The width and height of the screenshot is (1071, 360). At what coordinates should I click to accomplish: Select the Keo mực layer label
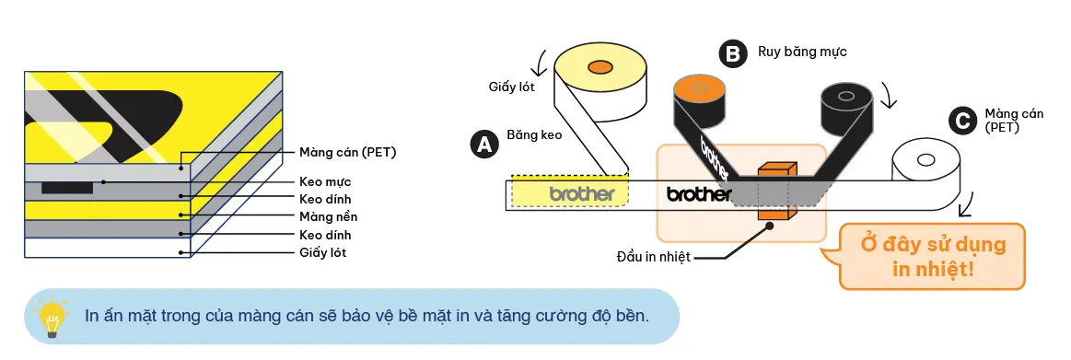(325, 181)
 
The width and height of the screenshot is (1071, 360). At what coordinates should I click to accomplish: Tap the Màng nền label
(328, 216)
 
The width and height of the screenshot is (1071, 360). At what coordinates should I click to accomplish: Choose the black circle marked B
(733, 54)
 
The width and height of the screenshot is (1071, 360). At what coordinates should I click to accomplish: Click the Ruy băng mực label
(801, 52)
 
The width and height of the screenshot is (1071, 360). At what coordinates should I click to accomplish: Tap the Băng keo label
(534, 134)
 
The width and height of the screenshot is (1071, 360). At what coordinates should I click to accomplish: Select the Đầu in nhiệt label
(653, 256)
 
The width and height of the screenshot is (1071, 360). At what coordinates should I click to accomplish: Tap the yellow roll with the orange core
(600, 74)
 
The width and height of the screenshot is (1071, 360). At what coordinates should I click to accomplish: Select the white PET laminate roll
(925, 165)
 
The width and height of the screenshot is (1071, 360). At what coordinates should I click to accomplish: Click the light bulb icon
(52, 315)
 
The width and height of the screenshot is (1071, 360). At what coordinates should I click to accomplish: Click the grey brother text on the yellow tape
(581, 194)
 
